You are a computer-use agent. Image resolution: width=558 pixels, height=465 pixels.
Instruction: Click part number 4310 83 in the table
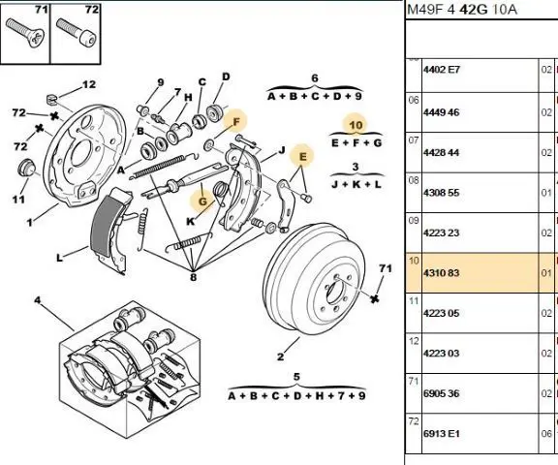click(442, 273)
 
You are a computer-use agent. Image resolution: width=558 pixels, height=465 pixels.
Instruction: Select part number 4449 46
click(442, 112)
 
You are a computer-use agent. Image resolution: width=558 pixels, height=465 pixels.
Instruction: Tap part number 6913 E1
click(442, 434)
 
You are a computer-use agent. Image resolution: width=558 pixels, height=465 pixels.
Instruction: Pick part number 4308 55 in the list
click(442, 193)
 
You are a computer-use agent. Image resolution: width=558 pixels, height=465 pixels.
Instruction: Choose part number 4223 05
click(442, 313)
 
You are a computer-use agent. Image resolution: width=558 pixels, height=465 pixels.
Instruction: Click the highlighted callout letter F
click(236, 122)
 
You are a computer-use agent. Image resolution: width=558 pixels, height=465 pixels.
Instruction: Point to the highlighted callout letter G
click(202, 201)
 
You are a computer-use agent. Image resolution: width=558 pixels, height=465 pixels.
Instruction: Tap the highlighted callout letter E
click(303, 157)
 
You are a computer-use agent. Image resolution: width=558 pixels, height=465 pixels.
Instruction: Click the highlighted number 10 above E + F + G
click(356, 125)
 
